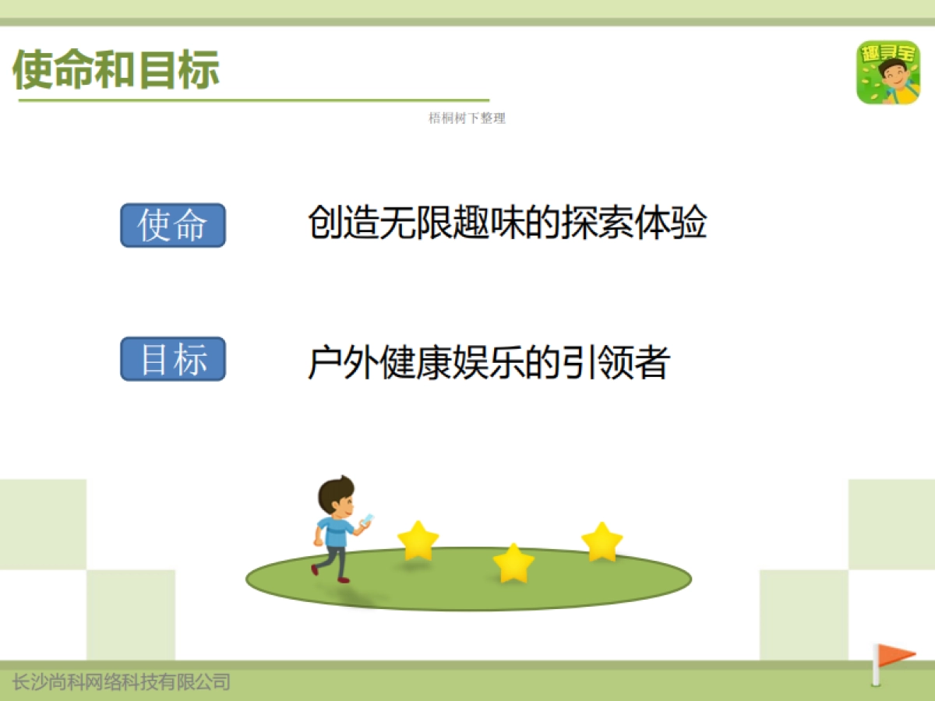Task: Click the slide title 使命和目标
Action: click(x=117, y=70)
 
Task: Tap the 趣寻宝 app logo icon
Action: click(x=887, y=72)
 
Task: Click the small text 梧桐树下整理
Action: click(x=467, y=118)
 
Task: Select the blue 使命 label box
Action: click(x=172, y=226)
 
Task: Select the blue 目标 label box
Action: click(x=172, y=359)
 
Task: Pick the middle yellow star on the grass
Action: click(x=513, y=564)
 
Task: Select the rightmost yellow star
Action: click(x=602, y=542)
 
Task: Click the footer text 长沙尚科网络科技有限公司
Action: click(x=122, y=683)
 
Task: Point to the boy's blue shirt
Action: click(x=337, y=532)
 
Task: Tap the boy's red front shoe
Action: click(x=344, y=579)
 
